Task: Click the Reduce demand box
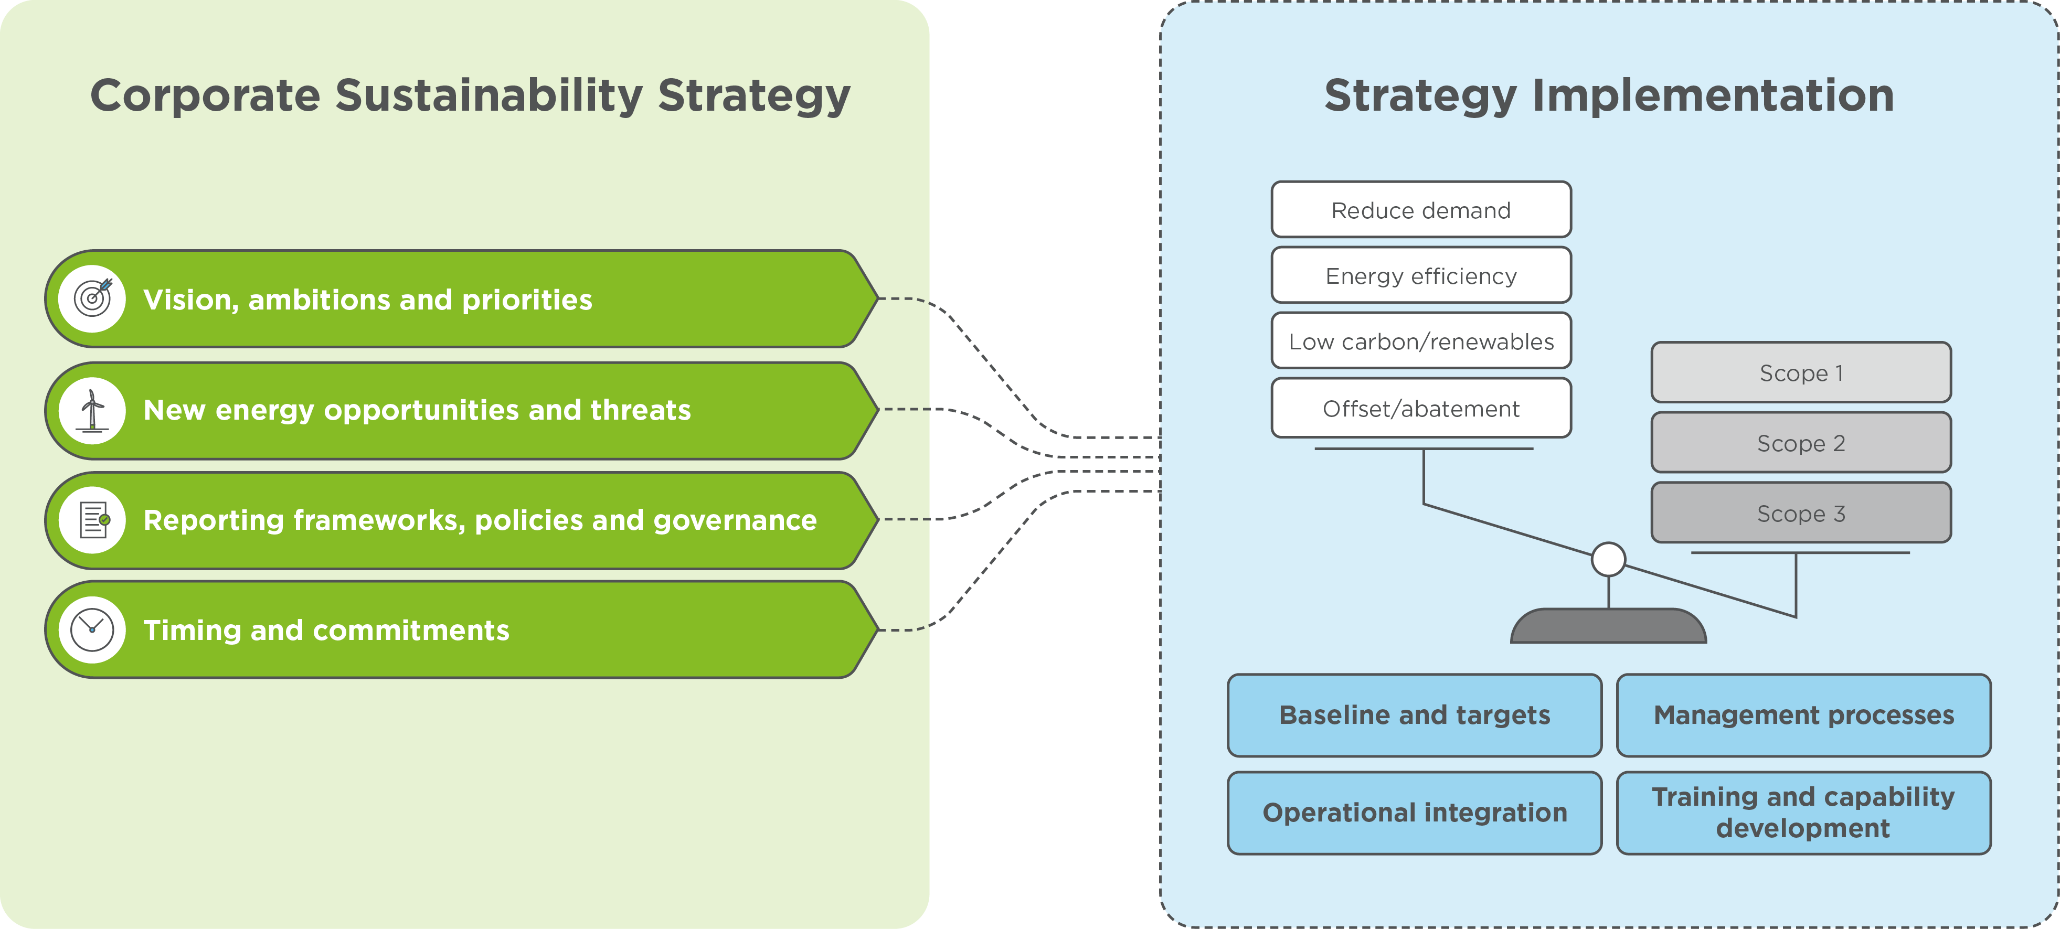[1420, 210]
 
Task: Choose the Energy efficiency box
[1420, 276]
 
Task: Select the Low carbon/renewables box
[1420, 341]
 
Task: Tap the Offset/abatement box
[1420, 409]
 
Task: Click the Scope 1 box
[1800, 372]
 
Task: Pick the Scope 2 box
[1800, 443]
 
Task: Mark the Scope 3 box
[1800, 513]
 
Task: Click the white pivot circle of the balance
[1608, 559]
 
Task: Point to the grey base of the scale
[1608, 627]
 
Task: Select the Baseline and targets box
[1414, 715]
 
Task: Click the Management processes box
[1803, 715]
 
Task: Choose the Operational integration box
[1414, 812]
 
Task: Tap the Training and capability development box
[1803, 812]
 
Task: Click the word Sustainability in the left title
[489, 96]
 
